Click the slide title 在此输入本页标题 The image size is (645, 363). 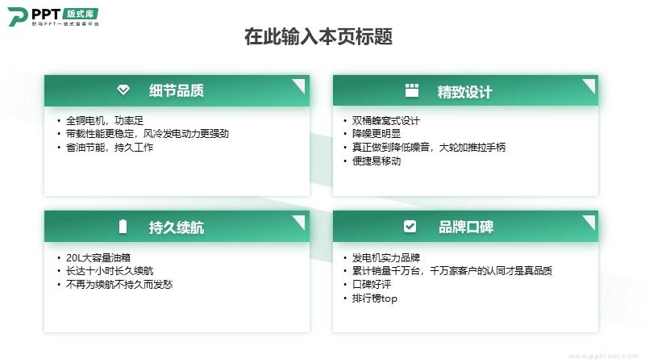click(x=318, y=36)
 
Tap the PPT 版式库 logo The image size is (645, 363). click(x=53, y=17)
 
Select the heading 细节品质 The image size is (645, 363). click(x=177, y=90)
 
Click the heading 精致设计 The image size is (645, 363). click(x=465, y=92)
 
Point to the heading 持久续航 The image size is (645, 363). click(x=177, y=227)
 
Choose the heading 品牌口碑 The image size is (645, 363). click(x=466, y=227)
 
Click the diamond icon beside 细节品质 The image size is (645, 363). click(x=123, y=90)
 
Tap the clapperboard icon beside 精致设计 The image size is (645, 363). click(x=412, y=90)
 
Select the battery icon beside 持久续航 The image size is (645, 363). click(x=123, y=227)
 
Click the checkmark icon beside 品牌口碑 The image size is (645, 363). click(x=410, y=226)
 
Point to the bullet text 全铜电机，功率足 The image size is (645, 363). click(x=105, y=120)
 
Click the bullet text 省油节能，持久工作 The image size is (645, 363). click(x=110, y=148)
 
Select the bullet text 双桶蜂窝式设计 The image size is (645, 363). click(x=386, y=120)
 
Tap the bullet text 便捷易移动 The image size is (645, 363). click(x=377, y=161)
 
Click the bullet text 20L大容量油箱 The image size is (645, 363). click(x=98, y=257)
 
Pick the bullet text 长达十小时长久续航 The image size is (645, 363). click(x=110, y=271)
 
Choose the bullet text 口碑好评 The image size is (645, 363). click(x=372, y=285)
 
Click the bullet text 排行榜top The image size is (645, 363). click(x=375, y=298)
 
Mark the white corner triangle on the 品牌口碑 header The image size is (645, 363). click(x=591, y=220)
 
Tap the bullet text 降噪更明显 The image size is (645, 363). click(x=377, y=134)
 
